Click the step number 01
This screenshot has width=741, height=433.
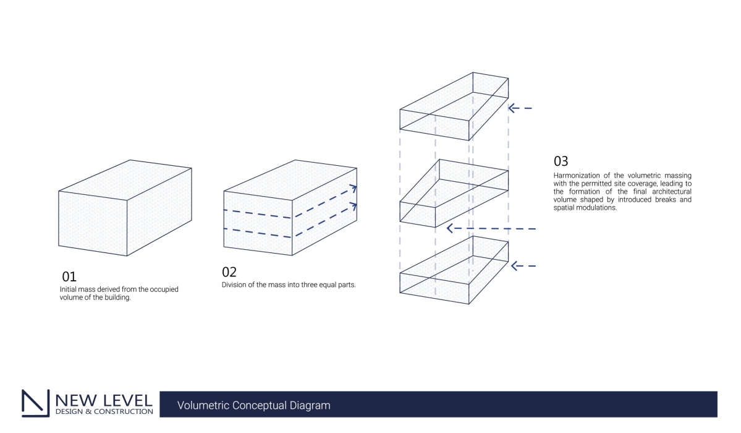tap(69, 277)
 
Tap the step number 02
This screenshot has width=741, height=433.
tap(229, 272)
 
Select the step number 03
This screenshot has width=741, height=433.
tap(561, 161)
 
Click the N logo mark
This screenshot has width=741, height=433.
tap(35, 403)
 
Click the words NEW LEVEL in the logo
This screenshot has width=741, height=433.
tap(104, 399)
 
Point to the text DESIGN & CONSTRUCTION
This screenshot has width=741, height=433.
tap(104, 411)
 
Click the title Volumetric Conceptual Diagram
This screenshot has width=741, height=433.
tap(254, 406)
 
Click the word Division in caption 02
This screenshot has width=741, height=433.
tap(233, 285)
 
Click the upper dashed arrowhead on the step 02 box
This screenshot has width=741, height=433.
tap(353, 189)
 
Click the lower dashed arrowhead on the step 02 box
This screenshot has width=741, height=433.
tap(353, 207)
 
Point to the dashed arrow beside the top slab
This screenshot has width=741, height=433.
tap(520, 108)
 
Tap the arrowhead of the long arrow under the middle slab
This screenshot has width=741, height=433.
tap(451, 228)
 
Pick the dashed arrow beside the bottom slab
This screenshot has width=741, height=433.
tap(522, 266)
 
